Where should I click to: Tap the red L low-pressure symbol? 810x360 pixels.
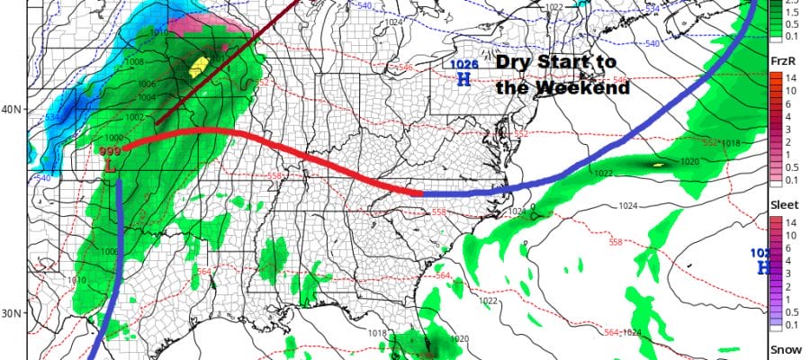(x=109, y=167)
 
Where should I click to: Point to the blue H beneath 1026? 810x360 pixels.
(x=463, y=79)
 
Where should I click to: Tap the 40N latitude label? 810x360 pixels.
(x=13, y=110)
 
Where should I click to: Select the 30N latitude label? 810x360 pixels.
(x=13, y=314)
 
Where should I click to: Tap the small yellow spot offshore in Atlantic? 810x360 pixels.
(x=658, y=165)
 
